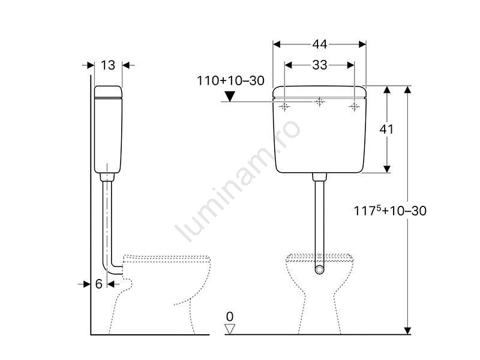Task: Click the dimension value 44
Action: [320, 44]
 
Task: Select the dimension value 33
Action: [320, 65]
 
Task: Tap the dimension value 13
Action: [108, 65]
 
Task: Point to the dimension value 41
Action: [386, 130]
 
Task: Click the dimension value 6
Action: [98, 284]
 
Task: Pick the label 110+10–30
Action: [230, 81]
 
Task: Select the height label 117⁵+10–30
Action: [390, 211]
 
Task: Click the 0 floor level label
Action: [230, 317]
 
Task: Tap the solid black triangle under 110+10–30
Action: [230, 97]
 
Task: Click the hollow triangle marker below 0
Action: [230, 329]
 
